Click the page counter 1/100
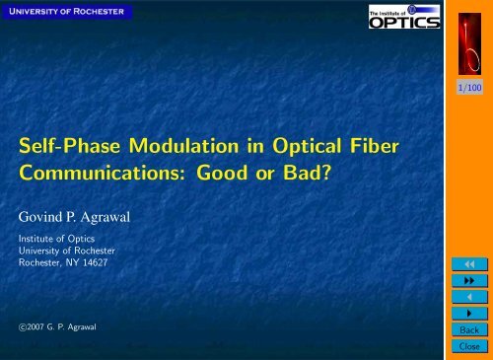(468, 88)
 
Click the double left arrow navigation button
(468, 264)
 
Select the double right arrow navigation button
(468, 281)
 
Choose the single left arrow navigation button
(468, 298)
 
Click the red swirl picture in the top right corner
(468, 38)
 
